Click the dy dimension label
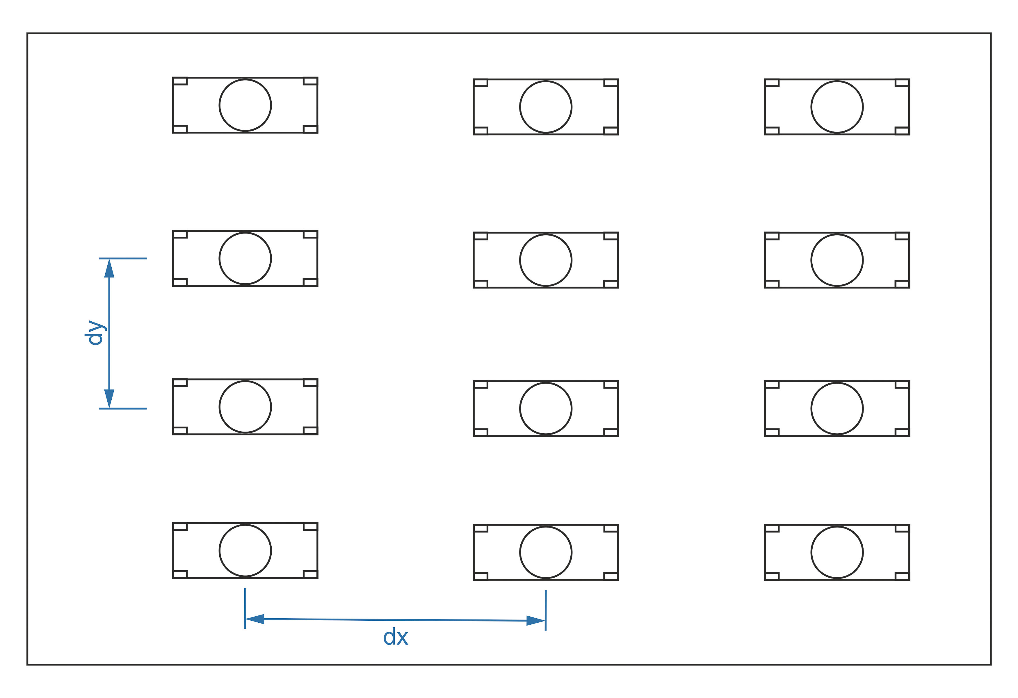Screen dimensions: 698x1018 tap(95, 333)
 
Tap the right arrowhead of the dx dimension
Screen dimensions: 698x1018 tap(535, 621)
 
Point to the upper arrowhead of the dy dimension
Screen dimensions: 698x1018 tap(109, 268)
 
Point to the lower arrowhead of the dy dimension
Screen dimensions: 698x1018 tap(109, 398)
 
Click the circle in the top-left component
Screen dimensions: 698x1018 tap(245, 105)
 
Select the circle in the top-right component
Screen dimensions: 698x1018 tap(837, 107)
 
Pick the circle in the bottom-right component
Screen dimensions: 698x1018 tap(837, 553)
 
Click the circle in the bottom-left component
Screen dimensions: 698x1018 tap(245, 551)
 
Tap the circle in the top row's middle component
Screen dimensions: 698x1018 tap(546, 107)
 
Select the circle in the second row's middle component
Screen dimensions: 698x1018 tap(546, 260)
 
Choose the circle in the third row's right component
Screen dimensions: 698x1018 tap(837, 409)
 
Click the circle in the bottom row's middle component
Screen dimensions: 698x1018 tap(546, 553)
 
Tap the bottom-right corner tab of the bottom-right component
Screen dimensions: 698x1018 tap(902, 576)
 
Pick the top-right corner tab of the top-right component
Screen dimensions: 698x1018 tap(902, 83)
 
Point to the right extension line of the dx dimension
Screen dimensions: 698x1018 tap(546, 610)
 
